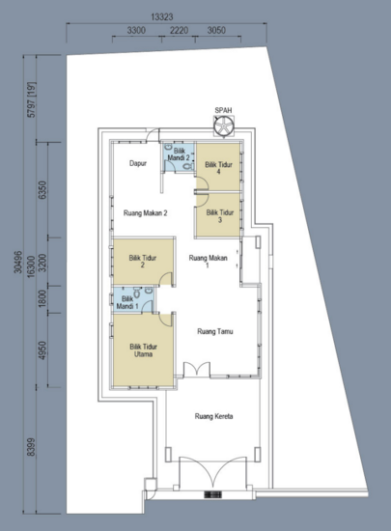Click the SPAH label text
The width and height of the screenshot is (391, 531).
tap(224, 110)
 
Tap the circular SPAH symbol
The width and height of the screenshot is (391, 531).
tap(224, 126)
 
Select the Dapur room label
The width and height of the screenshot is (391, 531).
tap(138, 164)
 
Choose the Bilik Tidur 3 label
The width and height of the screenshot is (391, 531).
tap(219, 216)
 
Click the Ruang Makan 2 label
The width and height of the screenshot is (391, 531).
tap(147, 213)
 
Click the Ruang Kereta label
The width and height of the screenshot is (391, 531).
tap(214, 417)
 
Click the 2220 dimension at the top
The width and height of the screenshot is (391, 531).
tap(179, 32)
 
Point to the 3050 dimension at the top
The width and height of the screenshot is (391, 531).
tap(217, 32)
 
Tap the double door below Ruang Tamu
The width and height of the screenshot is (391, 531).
tap(197, 371)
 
